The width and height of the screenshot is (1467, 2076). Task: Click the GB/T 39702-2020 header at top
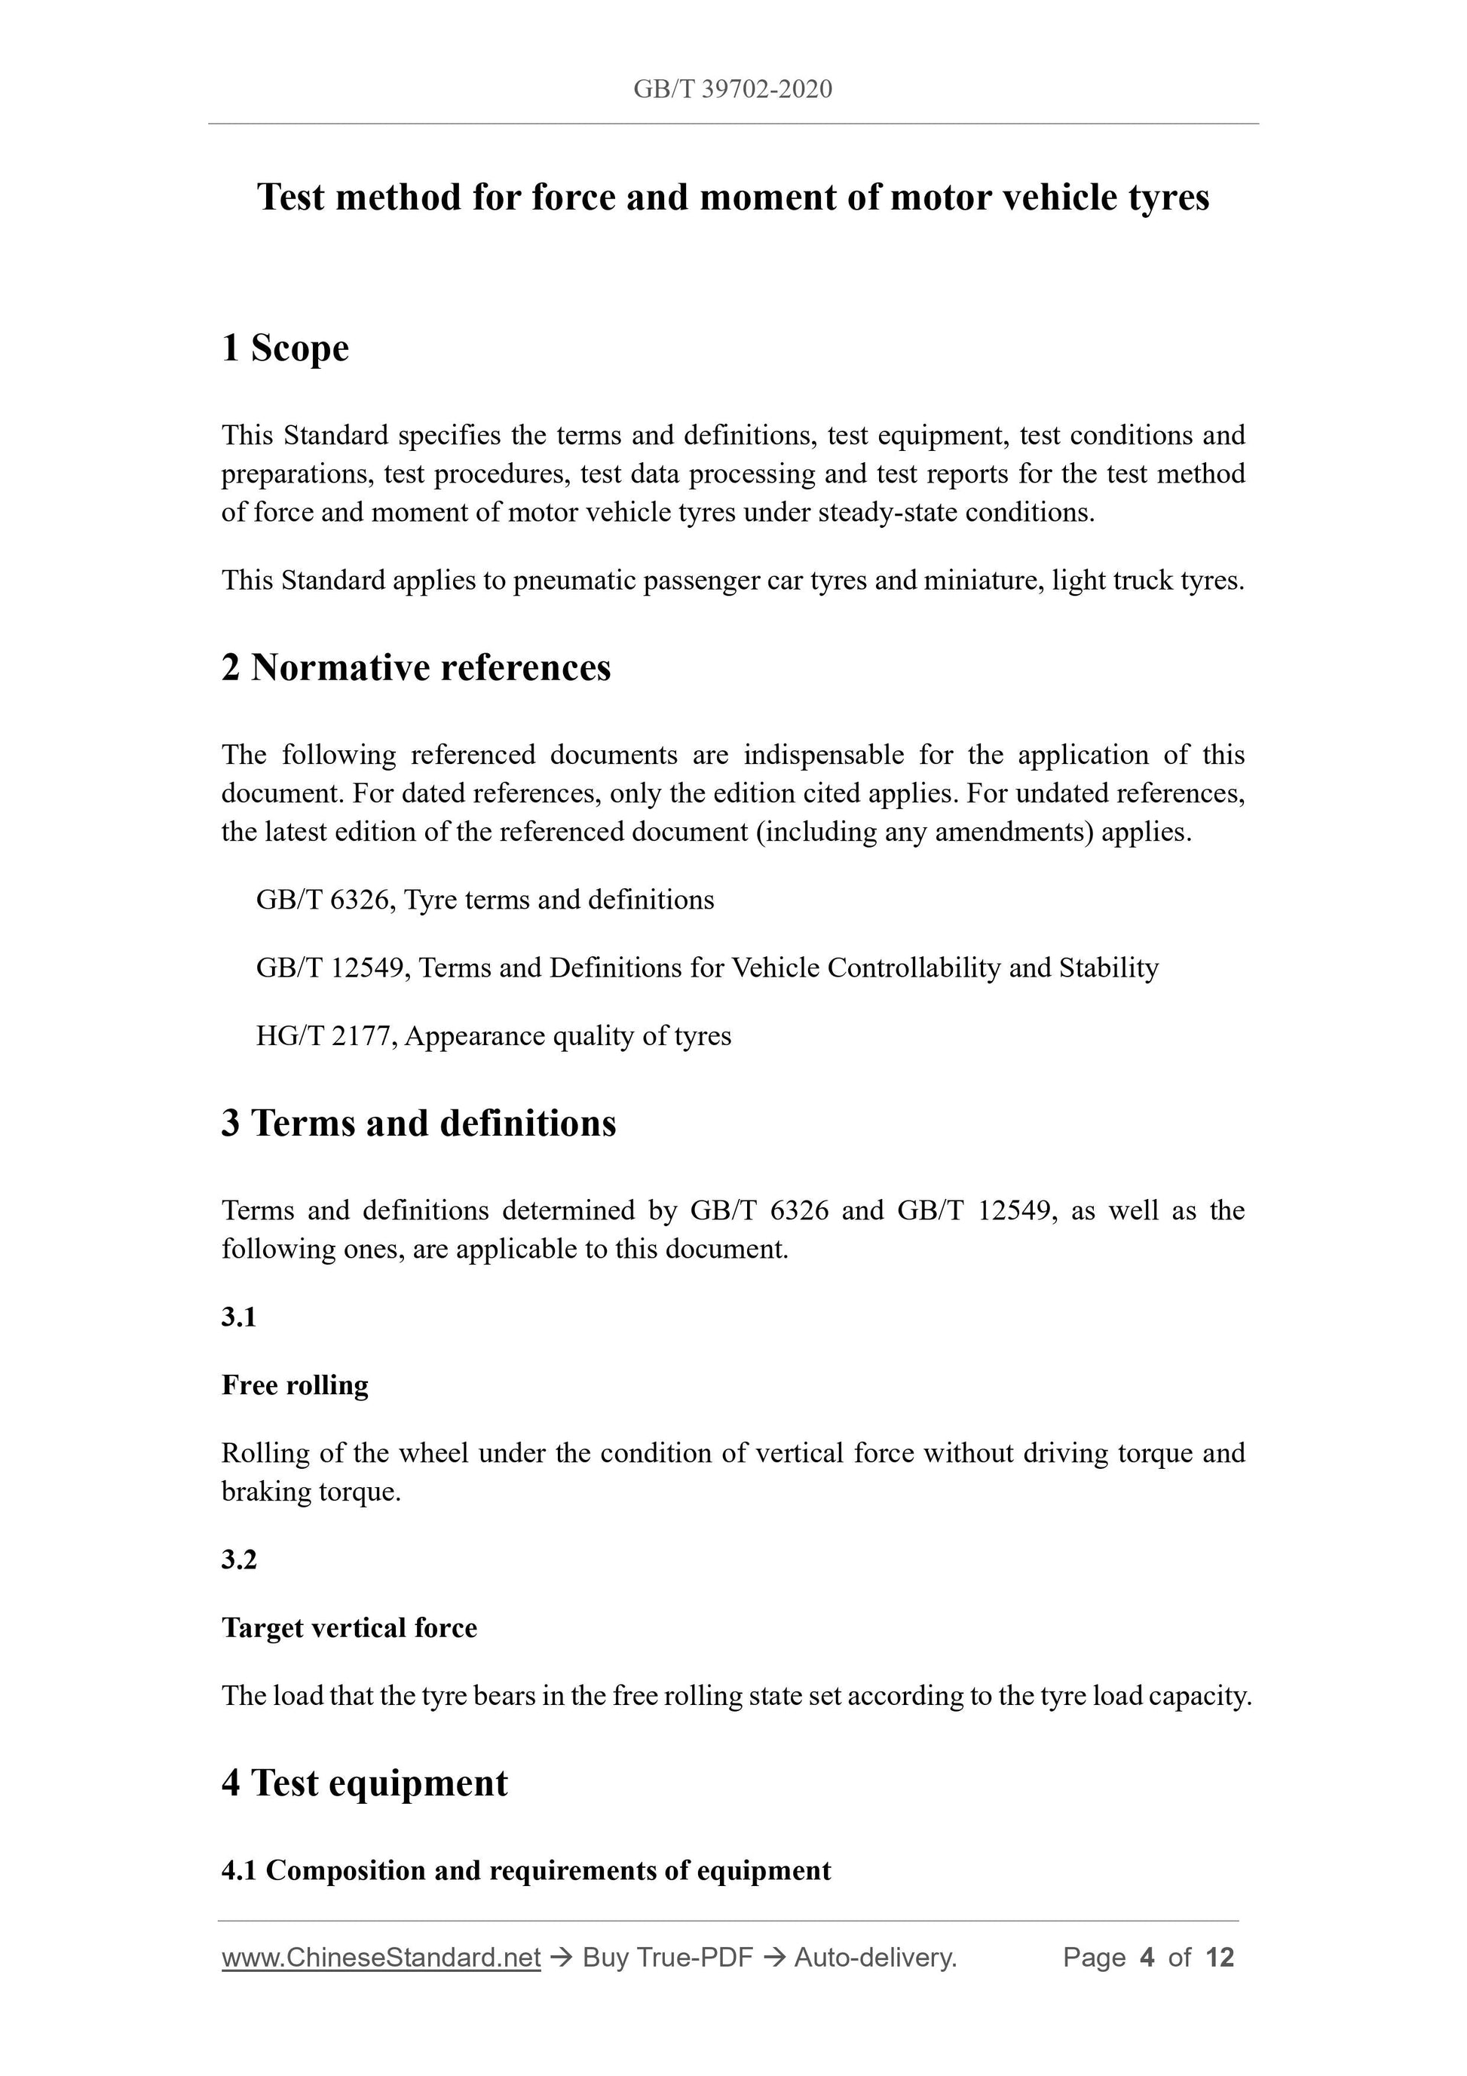[x=732, y=90]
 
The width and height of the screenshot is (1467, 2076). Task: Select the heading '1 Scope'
[x=285, y=348]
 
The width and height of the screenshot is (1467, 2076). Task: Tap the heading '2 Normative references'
[x=416, y=668]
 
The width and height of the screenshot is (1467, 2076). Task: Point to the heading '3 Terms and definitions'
[x=418, y=1124]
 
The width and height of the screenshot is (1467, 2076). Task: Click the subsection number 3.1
[x=239, y=1317]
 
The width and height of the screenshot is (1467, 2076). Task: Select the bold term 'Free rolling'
[x=295, y=1385]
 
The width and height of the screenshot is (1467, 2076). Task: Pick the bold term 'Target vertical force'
[x=349, y=1627]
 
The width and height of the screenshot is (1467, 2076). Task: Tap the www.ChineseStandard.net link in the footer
[x=381, y=1958]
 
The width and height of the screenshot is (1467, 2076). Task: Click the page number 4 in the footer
[x=1147, y=1958]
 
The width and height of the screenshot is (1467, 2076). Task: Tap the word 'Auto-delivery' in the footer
[x=873, y=1958]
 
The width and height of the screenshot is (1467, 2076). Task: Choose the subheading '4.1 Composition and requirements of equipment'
[x=526, y=1871]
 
